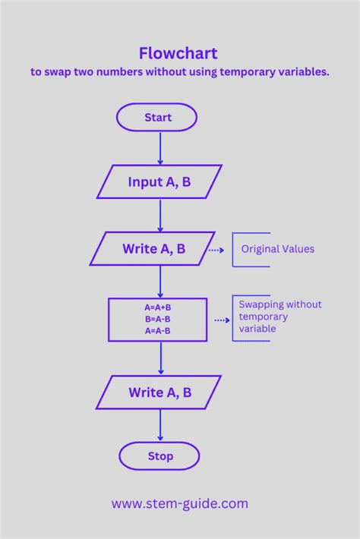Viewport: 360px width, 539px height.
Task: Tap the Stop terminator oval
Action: tap(159, 456)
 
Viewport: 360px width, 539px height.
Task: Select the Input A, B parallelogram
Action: tap(159, 182)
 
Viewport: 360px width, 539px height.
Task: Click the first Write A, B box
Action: tap(153, 249)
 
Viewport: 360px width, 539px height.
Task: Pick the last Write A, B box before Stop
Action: tap(159, 392)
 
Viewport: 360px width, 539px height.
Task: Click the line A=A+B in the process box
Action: tap(158, 307)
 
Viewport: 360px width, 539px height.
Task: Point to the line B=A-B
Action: tap(158, 319)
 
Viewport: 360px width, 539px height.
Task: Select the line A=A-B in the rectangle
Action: tap(158, 330)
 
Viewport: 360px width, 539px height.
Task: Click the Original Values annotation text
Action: tap(277, 249)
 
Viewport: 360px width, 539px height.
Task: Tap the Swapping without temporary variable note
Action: tap(279, 317)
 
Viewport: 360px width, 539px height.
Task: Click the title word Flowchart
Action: tap(178, 53)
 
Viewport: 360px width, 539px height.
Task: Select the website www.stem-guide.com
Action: tap(180, 503)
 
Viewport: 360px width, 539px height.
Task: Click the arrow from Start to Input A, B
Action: tap(159, 148)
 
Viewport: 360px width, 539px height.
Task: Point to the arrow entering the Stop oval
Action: tap(159, 427)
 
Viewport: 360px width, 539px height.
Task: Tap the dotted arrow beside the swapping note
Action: tap(221, 320)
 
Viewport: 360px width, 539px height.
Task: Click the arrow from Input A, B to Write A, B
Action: tap(159, 216)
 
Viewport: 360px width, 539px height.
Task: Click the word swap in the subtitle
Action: tap(58, 73)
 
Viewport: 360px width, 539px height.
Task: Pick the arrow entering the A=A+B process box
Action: tap(159, 282)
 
